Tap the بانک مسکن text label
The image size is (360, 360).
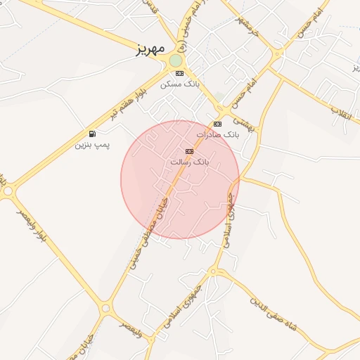point(180,84)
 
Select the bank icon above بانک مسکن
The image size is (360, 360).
point(180,73)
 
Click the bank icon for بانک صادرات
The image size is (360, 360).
point(217,124)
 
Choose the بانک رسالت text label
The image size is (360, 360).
point(190,162)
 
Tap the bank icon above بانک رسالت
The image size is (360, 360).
point(188,151)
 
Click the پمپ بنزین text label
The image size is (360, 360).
point(92,145)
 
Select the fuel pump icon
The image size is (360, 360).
point(92,134)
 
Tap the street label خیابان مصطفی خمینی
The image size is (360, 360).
point(150,232)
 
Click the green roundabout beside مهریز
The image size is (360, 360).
point(175,60)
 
